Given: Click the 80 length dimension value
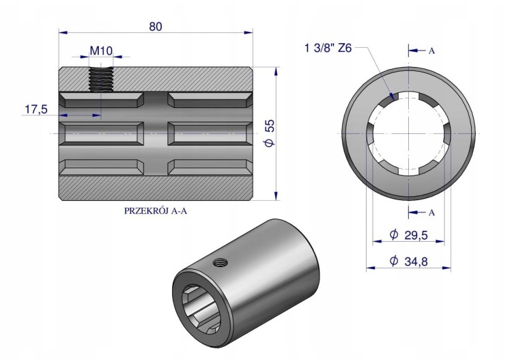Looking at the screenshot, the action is point(156,27).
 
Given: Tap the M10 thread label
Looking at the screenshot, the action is point(101,51).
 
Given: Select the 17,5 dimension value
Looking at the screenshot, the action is point(36,109).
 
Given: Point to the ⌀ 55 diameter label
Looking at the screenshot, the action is point(270,133).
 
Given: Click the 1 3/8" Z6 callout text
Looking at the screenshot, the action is point(328,49).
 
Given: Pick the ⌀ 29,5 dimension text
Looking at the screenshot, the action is point(408,234).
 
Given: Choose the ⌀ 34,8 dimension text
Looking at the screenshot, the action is point(408,262).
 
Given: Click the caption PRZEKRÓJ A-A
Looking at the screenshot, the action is point(156,210).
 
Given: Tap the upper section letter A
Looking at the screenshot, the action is point(431,51).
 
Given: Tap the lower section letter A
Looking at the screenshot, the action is point(431,212).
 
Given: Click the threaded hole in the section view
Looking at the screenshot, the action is point(101,79).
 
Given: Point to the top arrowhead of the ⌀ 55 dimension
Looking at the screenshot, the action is point(276,71).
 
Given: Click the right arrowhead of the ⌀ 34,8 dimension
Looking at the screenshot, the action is point(446,268).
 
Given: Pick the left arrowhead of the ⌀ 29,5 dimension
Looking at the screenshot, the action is point(377,241).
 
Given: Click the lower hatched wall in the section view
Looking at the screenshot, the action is point(156,187).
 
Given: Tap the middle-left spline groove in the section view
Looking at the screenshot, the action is point(101,133).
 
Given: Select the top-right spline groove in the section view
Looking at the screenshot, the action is point(210,100).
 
